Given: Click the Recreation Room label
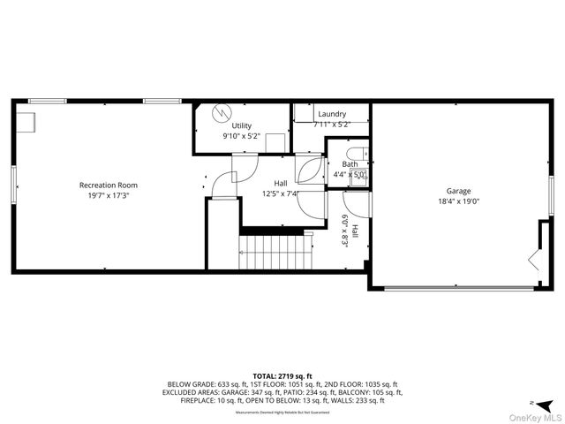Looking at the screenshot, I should tap(109, 185).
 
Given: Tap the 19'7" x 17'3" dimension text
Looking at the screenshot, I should tap(109, 196).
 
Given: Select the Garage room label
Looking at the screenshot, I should tap(458, 191).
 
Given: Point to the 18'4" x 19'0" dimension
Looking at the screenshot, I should tap(458, 201).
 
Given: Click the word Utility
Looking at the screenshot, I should tap(242, 126).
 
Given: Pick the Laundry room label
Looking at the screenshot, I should tap(332, 114).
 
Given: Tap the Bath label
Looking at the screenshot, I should tap(350, 163).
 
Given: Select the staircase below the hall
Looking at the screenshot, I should tap(274, 250).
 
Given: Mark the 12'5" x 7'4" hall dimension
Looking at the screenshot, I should tap(281, 194).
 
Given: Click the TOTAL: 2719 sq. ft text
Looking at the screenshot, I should tap(282, 376).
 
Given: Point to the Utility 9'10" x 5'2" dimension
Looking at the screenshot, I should tap(242, 137).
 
